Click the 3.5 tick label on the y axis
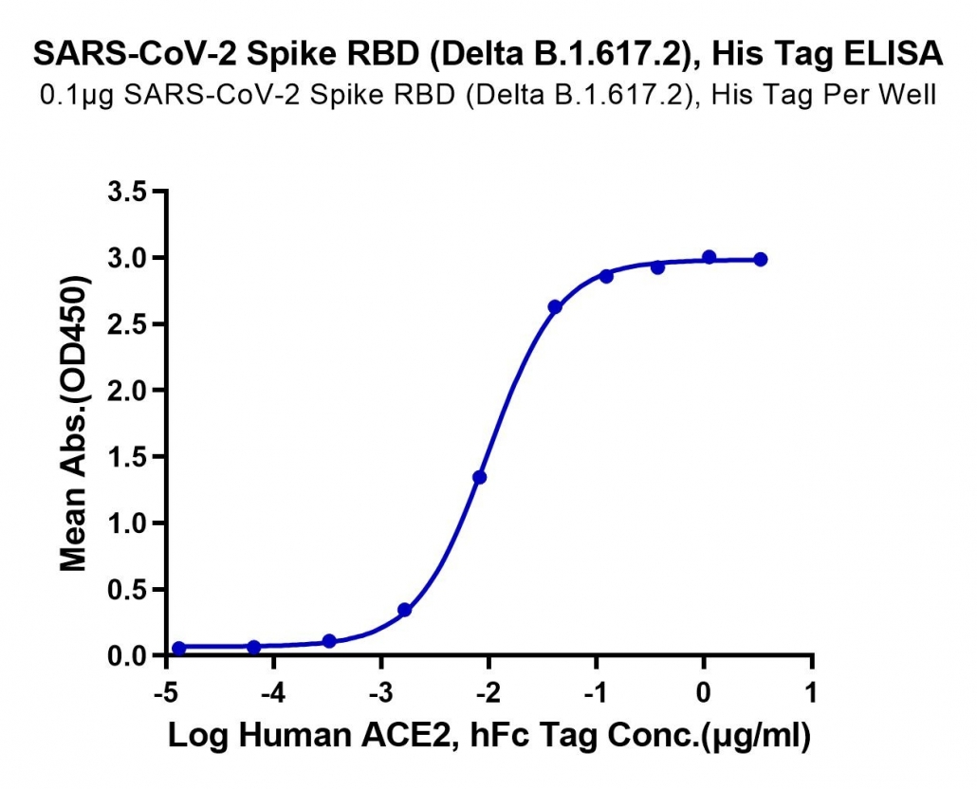click(x=127, y=192)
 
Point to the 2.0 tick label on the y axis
click(x=127, y=391)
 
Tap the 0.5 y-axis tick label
click(x=127, y=590)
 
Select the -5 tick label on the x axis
click(x=167, y=692)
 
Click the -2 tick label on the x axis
click(x=489, y=692)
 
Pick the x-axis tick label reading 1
click(x=811, y=692)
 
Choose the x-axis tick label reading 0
click(x=704, y=692)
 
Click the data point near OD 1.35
click(x=479, y=478)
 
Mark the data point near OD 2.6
click(x=555, y=307)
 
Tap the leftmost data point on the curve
click(x=179, y=649)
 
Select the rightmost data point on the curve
click(x=760, y=260)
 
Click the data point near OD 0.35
click(x=404, y=610)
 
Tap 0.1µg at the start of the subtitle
click(x=77, y=96)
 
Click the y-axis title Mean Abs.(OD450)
click(x=74, y=424)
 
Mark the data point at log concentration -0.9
click(x=606, y=276)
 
